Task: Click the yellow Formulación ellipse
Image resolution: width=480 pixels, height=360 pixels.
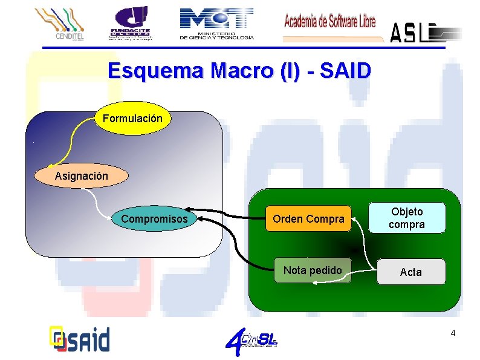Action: [x=132, y=119]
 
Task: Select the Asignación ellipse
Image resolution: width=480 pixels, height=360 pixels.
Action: [x=82, y=176]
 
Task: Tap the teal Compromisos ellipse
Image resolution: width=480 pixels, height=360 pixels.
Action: [x=155, y=218]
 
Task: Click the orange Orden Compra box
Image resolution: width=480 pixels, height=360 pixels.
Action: [x=308, y=218]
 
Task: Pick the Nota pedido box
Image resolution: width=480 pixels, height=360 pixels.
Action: [x=313, y=270]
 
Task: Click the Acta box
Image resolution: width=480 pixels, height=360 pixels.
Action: [x=410, y=272]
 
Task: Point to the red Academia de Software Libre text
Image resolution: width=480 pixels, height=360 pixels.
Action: [x=329, y=22]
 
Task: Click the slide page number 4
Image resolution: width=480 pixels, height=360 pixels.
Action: [x=453, y=333]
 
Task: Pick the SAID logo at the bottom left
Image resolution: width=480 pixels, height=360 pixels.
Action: [x=79, y=338]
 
